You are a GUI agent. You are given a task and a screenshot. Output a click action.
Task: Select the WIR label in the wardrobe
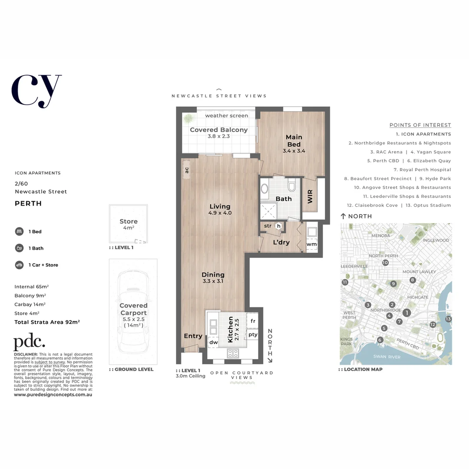[x=310, y=196]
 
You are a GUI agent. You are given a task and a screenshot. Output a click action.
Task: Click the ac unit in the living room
[x=187, y=170]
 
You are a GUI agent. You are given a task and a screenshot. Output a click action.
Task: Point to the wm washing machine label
[x=311, y=244]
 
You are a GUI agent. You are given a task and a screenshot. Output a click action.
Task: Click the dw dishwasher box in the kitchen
[x=213, y=342]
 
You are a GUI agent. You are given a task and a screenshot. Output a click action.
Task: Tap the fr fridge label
[x=253, y=321]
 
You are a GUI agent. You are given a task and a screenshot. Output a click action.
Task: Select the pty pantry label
[x=253, y=334]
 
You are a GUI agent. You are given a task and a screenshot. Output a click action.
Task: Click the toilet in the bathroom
[x=291, y=186]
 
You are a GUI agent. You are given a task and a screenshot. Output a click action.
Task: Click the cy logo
[x=36, y=90]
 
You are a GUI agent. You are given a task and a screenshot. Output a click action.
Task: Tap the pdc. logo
[x=29, y=343]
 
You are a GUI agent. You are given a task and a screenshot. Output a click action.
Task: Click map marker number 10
[x=385, y=263]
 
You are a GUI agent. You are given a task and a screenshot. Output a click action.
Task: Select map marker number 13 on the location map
[x=448, y=319]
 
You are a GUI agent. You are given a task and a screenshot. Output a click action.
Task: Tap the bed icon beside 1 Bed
[x=19, y=231]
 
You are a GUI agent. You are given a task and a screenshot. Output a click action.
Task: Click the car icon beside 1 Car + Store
[x=19, y=265]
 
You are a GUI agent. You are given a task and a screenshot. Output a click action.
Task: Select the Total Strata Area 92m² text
[x=47, y=322]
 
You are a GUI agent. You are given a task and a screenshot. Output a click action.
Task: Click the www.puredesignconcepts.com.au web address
[x=53, y=395]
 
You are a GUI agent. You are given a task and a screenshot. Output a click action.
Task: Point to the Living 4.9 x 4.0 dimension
[x=220, y=213]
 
